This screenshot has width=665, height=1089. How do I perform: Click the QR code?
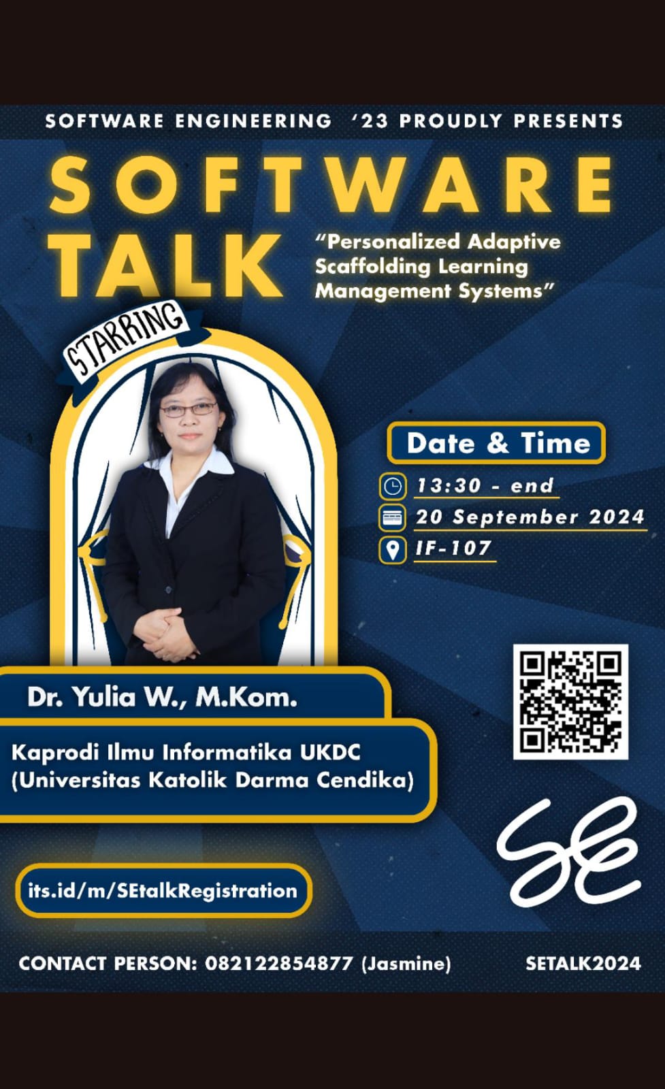[x=570, y=702]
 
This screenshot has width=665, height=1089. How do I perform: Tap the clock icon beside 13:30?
[x=392, y=486]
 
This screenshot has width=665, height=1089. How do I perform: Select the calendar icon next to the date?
[x=392, y=517]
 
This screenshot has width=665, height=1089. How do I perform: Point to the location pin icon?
[x=392, y=549]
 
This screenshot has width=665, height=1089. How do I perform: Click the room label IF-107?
[x=453, y=548]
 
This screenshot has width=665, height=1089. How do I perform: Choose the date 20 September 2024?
[x=530, y=517]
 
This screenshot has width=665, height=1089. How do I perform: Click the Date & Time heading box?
[x=496, y=443]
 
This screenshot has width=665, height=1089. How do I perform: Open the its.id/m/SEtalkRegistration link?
[x=163, y=890]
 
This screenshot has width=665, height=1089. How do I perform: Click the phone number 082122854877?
[x=279, y=963]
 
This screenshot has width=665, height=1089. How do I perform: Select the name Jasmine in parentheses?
[x=406, y=963]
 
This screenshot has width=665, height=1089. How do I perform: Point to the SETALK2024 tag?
[x=583, y=963]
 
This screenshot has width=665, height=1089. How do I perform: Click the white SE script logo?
[x=568, y=851]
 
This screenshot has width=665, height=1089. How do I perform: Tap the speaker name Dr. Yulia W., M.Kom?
[x=162, y=697]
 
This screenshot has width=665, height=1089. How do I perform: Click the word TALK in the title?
[x=167, y=264]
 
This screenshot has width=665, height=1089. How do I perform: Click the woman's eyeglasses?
[x=189, y=410]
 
